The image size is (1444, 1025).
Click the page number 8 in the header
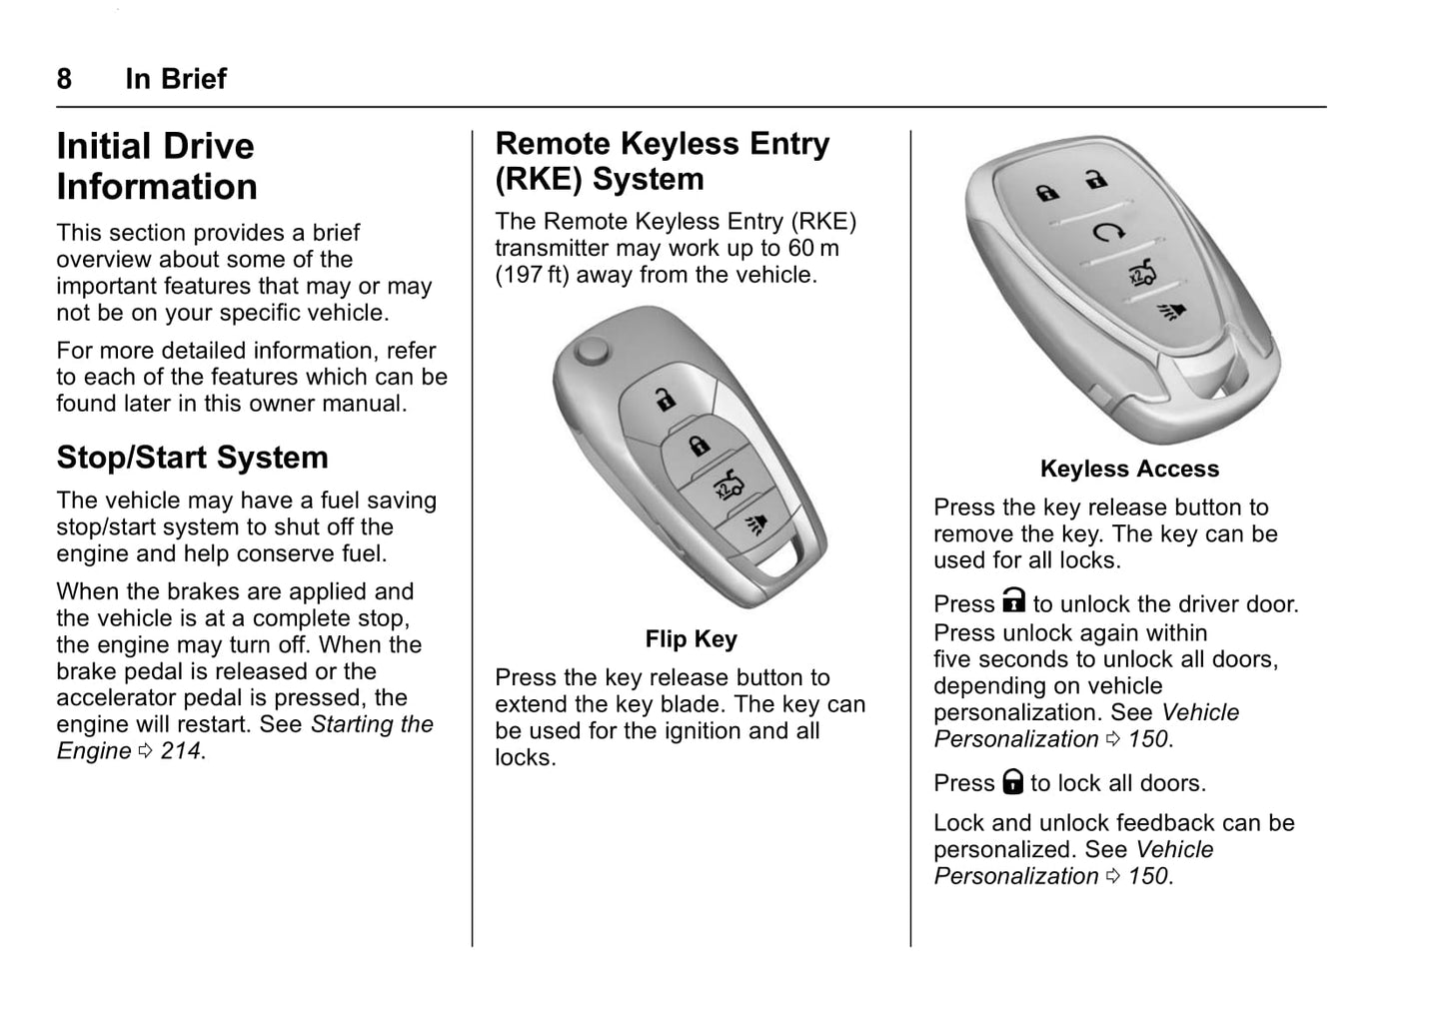point(64,79)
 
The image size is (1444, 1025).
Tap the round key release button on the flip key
point(592,352)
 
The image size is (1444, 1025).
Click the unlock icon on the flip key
point(666,400)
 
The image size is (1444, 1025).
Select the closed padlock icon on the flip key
point(700,445)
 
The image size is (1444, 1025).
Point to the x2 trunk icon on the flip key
point(729,485)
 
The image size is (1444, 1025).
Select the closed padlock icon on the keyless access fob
point(1047,192)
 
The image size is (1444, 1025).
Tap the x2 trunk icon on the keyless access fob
point(1142,274)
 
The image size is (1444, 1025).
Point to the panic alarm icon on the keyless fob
point(1172,313)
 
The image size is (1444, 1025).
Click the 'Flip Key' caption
point(692,639)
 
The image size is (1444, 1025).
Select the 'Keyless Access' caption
point(1129,469)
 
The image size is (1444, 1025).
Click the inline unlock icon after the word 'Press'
point(1013,600)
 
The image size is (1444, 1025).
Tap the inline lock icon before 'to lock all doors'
point(1012,781)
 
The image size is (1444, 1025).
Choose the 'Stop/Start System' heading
point(192,458)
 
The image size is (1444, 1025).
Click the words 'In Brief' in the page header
point(176,79)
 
